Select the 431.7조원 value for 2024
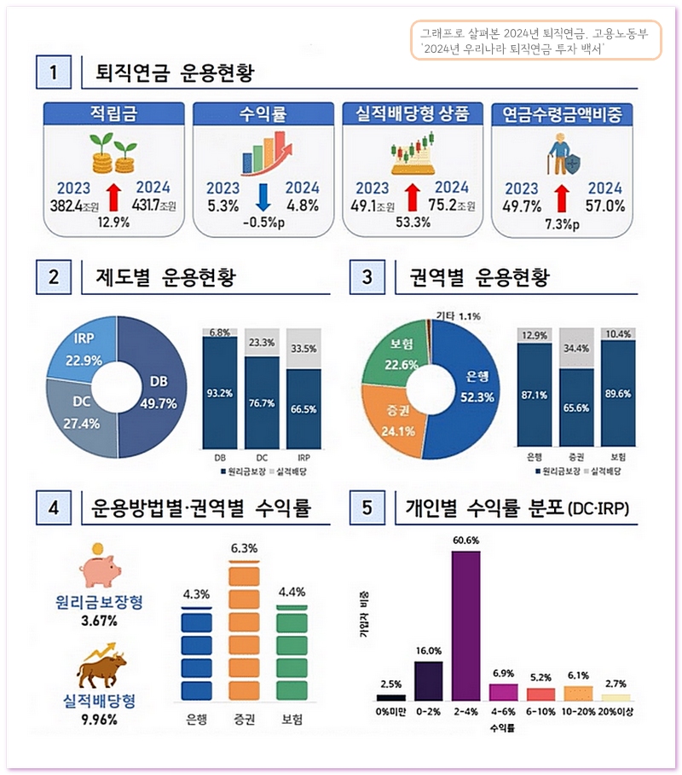tap(153, 205)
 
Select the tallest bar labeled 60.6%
tap(465, 624)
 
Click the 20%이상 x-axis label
tap(620, 710)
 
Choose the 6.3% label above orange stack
tap(244, 547)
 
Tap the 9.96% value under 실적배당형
tap(100, 719)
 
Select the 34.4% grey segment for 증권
tap(576, 349)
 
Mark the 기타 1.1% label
tap(458, 316)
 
